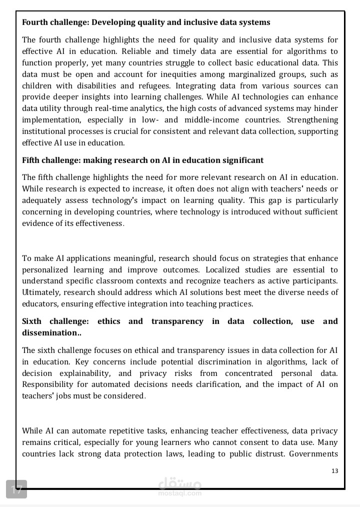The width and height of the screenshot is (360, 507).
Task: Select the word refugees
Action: coord(154,85)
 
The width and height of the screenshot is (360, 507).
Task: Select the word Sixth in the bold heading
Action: coord(32,321)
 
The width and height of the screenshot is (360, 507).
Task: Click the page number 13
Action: coord(335,471)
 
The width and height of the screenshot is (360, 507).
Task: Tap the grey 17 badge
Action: coord(16,489)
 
